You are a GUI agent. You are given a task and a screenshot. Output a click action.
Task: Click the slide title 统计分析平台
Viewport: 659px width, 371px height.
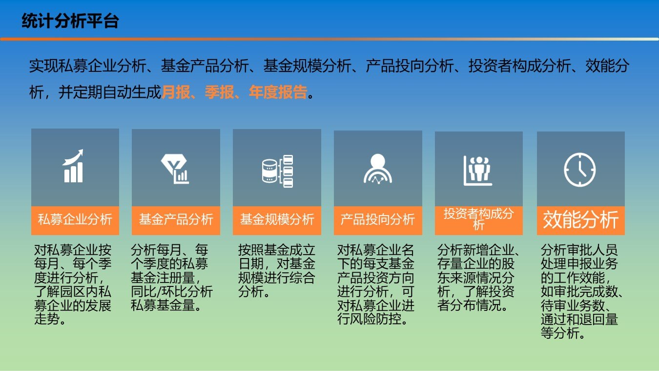pos(70,21)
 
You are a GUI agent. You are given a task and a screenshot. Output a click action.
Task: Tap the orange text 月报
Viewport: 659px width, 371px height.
pos(176,92)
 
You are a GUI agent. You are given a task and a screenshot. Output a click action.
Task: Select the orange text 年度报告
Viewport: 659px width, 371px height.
pos(278,92)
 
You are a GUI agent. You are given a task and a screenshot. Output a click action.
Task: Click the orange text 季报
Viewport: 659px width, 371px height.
pos(220,92)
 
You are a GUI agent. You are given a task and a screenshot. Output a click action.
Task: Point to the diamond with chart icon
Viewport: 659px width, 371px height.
pos(175,169)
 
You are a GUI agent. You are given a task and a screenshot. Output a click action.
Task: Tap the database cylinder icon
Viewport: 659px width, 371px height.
pos(277,171)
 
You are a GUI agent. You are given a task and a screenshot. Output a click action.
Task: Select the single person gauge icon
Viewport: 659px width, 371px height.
pos(378,169)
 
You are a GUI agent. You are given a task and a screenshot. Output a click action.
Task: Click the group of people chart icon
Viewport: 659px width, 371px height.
pos(478,171)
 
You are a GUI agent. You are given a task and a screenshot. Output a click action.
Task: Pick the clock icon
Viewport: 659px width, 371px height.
pos(580,170)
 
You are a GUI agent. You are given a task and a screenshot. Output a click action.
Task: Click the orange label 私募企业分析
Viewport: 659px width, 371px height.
pos(75,219)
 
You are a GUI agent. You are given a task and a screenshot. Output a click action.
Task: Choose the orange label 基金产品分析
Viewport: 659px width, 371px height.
pos(176,219)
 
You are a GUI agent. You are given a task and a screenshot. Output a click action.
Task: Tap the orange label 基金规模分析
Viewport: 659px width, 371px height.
pos(277,219)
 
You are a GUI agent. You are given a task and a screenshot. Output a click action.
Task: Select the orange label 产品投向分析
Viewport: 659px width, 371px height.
pos(378,219)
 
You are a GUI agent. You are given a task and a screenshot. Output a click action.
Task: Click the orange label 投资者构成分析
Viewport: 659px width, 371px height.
pos(479,219)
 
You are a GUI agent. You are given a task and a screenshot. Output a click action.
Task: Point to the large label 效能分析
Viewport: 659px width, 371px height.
pos(580,220)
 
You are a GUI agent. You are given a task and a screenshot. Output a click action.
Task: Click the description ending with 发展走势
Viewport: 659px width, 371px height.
pos(73,284)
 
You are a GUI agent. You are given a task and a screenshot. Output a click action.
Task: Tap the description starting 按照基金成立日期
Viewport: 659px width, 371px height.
pos(277,271)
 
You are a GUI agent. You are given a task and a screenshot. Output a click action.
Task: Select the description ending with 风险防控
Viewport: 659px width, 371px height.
pos(376,284)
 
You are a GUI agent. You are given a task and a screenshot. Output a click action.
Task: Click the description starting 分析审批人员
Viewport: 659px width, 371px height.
pos(581,291)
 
